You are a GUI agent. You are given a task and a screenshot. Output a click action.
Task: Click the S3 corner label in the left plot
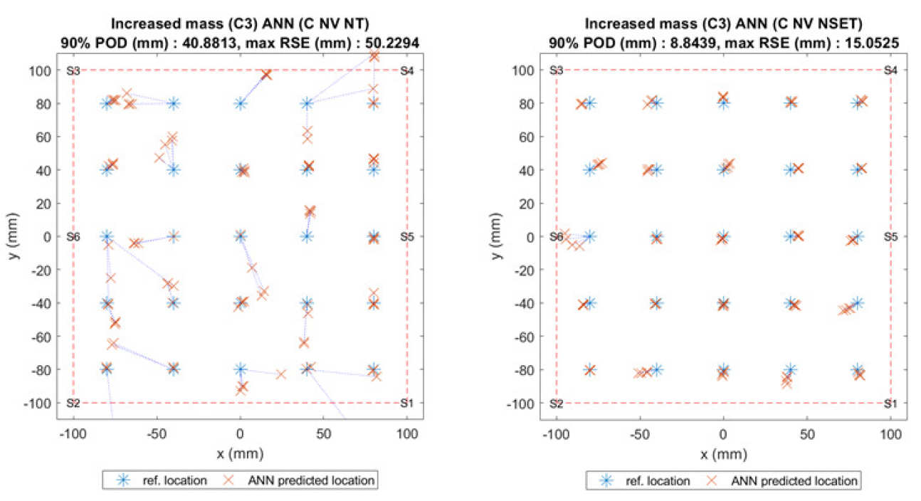click(x=73, y=70)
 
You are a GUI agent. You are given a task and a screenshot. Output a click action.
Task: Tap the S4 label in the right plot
click(x=890, y=70)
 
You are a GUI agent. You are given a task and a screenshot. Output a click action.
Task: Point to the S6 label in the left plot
click(x=73, y=236)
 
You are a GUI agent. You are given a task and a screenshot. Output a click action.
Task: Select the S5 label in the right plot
click(x=890, y=236)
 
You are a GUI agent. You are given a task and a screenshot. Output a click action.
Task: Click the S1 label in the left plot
click(x=407, y=403)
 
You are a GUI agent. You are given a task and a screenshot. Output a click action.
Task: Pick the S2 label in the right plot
click(x=557, y=403)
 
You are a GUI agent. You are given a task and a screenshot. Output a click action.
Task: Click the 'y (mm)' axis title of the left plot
click(x=15, y=236)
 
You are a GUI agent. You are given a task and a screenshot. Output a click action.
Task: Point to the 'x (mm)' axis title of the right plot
click(x=723, y=453)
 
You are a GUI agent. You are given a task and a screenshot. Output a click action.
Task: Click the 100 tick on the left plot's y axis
click(x=47, y=70)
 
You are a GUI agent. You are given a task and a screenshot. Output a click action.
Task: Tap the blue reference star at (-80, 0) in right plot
click(x=589, y=236)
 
